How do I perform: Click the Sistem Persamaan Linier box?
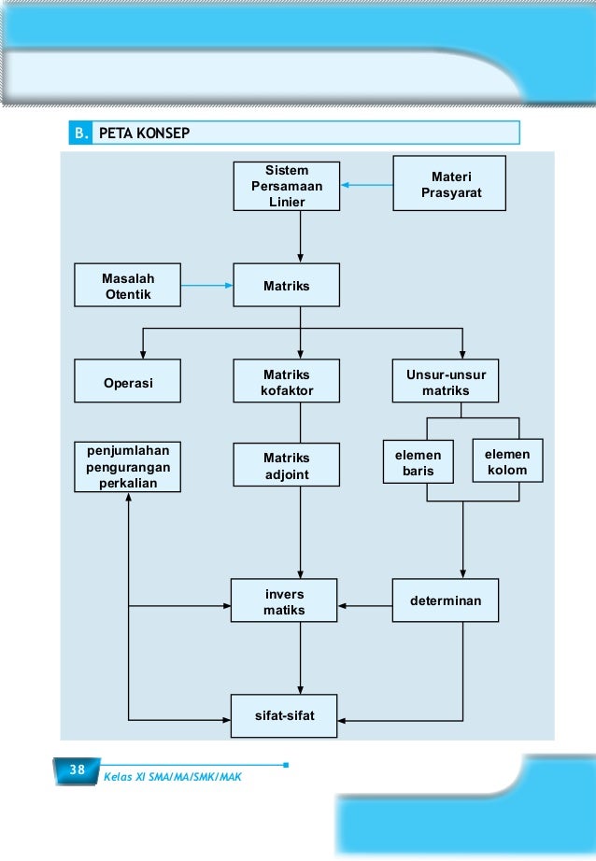tap(286, 186)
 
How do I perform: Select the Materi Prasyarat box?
tap(449, 183)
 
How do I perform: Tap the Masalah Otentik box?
tap(127, 285)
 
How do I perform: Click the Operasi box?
tap(127, 381)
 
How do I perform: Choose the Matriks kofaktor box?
tap(286, 381)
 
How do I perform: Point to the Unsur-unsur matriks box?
tap(446, 381)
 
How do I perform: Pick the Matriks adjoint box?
tap(286, 465)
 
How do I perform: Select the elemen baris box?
tap(418, 462)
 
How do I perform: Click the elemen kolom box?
tap(507, 460)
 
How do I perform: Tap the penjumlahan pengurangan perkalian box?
tap(127, 467)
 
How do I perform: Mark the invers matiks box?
tap(284, 600)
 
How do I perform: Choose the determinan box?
tap(446, 600)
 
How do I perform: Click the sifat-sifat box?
tap(284, 716)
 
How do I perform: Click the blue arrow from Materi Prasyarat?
tap(367, 185)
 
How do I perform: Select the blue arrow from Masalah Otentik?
tap(207, 286)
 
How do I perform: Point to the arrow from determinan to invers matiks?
tap(365, 606)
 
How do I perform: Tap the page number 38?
tap(78, 769)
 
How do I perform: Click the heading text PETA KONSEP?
tap(144, 134)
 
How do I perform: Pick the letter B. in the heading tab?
tap(81, 134)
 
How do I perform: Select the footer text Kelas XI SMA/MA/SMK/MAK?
tap(173, 777)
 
